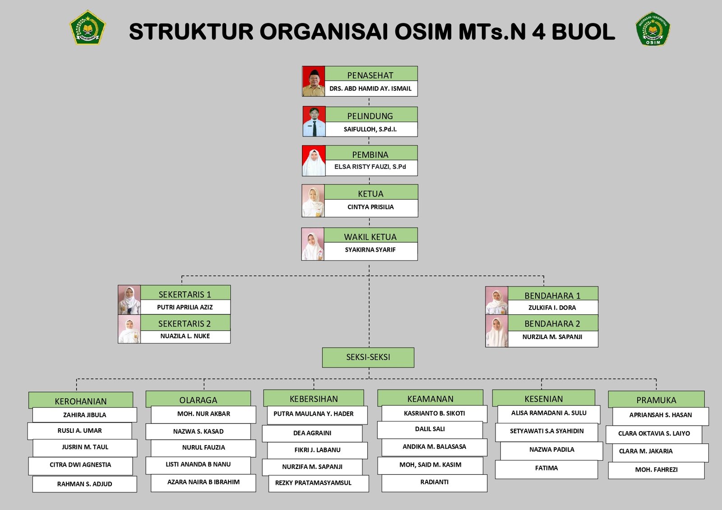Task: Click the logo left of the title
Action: pyautogui.click(x=87, y=28)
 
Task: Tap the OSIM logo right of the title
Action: pyautogui.click(x=653, y=29)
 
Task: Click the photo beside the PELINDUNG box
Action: pyautogui.click(x=314, y=122)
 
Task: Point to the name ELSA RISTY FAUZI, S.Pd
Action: pyautogui.click(x=370, y=167)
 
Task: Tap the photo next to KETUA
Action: pyautogui.click(x=313, y=201)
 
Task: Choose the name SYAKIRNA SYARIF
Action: pyautogui.click(x=370, y=250)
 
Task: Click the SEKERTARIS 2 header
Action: pyautogui.click(x=185, y=323)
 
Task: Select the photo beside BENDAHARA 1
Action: pyautogui.click(x=496, y=301)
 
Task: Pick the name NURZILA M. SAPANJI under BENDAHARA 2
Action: pyautogui.click(x=552, y=337)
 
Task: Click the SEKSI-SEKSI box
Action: pyautogui.click(x=368, y=357)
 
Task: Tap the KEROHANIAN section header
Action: pyautogui.click(x=81, y=401)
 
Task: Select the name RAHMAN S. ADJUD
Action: pyautogui.click(x=84, y=484)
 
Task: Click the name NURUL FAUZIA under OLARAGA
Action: pyautogui.click(x=204, y=447)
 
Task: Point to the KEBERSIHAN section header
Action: pyautogui.click(x=314, y=399)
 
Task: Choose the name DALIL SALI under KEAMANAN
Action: pyautogui.click(x=430, y=429)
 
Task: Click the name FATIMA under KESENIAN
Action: pyautogui.click(x=546, y=468)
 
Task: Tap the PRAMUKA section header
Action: pyautogui.click(x=656, y=400)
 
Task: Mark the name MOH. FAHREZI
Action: pyautogui.click(x=656, y=469)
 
